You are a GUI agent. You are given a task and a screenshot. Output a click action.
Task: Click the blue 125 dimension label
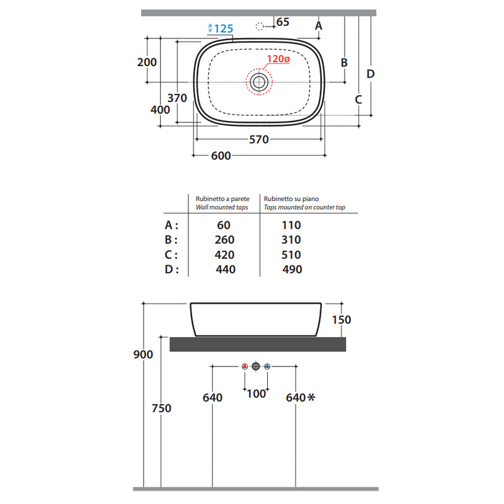[x=224, y=28]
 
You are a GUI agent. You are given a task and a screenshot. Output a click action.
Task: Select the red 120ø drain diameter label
[x=278, y=59]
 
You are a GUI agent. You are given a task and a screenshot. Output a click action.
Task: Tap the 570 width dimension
[x=259, y=139]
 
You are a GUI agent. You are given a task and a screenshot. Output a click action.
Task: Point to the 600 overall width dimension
[x=221, y=156]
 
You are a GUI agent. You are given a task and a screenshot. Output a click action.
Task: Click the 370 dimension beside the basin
[x=177, y=98]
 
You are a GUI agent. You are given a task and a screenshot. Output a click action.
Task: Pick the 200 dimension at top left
[x=147, y=62]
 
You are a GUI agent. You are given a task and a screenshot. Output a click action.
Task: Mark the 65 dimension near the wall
[x=283, y=22]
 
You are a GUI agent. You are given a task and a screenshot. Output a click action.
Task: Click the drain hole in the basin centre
[x=259, y=83]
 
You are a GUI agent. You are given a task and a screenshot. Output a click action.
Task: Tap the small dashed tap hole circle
[x=260, y=26]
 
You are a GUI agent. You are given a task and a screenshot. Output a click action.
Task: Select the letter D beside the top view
[x=370, y=74]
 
